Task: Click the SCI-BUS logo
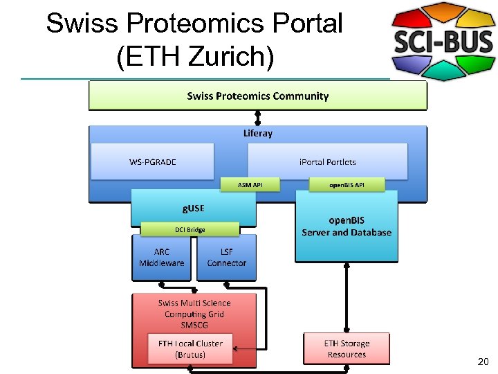[x=443, y=42]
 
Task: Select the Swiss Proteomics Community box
[x=257, y=96]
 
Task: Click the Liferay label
[x=257, y=133]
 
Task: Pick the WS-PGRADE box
[x=153, y=161]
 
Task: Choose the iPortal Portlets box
[x=327, y=161]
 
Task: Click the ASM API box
[x=250, y=184]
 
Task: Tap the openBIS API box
[x=347, y=184]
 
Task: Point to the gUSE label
[x=193, y=207]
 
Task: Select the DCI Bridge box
[x=190, y=229]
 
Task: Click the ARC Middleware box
[x=162, y=258]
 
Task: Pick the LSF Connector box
[x=226, y=258]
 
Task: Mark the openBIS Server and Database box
[x=347, y=226]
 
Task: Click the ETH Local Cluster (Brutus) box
[x=190, y=349]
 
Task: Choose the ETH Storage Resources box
[x=347, y=349]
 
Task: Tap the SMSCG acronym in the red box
[x=194, y=324]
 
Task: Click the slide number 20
[x=483, y=362]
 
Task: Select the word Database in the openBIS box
[x=370, y=233]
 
